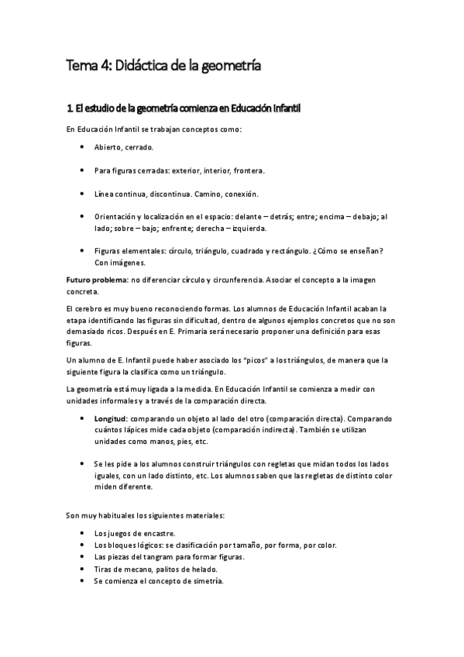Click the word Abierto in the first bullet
click(108, 147)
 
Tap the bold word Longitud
click(111, 419)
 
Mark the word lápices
click(141, 430)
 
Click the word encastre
click(157, 534)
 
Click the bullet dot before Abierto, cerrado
click(82, 147)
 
